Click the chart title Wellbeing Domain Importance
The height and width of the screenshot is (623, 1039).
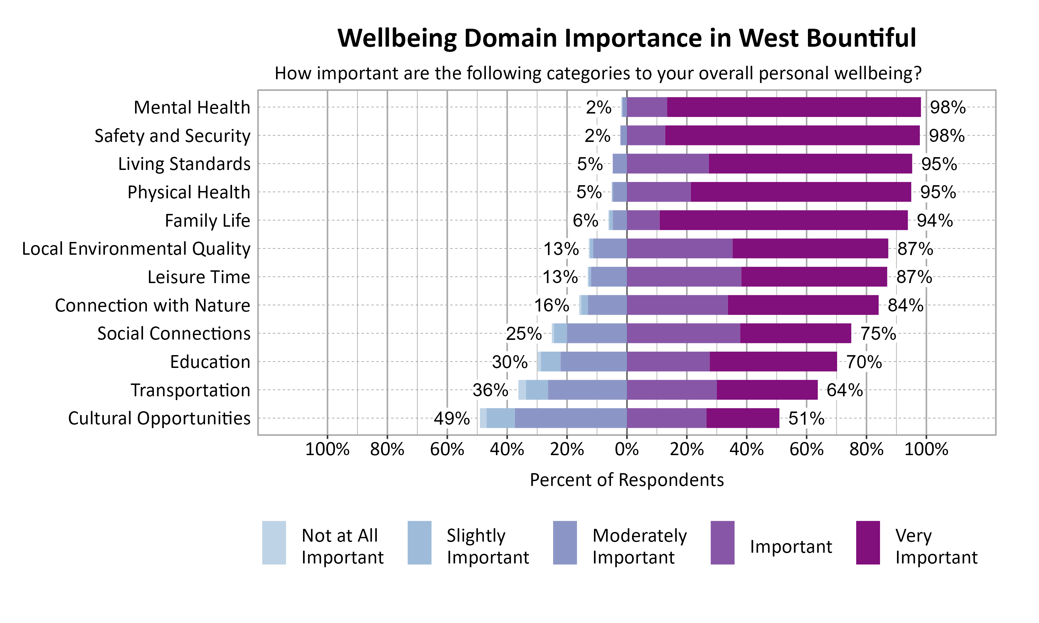click(x=626, y=38)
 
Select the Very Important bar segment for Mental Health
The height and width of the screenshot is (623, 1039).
click(x=793, y=107)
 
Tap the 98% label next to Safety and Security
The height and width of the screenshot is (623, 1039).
click(x=946, y=136)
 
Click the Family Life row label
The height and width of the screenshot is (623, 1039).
click(x=207, y=220)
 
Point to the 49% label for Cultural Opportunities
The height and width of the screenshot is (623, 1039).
click(x=452, y=418)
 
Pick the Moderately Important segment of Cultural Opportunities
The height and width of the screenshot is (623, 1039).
click(x=570, y=418)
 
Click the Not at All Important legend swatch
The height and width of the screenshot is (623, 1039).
click(x=274, y=542)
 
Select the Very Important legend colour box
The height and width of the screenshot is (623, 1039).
click(x=868, y=542)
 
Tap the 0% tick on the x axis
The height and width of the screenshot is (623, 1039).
click(x=627, y=450)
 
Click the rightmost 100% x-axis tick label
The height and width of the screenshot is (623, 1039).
click(x=926, y=450)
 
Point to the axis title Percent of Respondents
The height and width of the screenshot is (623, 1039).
click(x=627, y=480)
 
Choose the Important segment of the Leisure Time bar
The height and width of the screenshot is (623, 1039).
click(x=684, y=277)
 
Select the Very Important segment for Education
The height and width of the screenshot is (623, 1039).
click(x=773, y=361)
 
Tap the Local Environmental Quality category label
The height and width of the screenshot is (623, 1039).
click(x=136, y=249)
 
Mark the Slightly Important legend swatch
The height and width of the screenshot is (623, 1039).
click(x=419, y=542)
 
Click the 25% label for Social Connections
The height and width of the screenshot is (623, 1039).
click(x=523, y=333)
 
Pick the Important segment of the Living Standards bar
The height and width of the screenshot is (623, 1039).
click(x=667, y=164)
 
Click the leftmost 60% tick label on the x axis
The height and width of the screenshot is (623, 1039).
click(x=447, y=450)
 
